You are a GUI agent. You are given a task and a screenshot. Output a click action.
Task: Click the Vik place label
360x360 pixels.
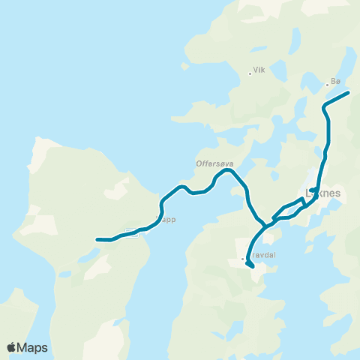click(260, 70)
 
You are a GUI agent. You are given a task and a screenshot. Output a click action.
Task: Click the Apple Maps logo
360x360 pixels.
click(27, 347)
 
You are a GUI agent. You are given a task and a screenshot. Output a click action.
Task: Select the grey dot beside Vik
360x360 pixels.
click(250, 73)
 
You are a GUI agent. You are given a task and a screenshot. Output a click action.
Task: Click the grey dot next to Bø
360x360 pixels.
click(327, 84)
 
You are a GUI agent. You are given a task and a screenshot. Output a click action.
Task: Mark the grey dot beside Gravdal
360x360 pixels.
click(243, 259)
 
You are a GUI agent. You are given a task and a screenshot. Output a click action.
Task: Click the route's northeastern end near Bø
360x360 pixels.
click(349, 93)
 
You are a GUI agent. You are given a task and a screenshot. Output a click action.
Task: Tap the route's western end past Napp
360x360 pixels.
click(97, 240)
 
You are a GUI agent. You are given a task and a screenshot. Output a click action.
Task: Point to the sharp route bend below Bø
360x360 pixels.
click(324, 109)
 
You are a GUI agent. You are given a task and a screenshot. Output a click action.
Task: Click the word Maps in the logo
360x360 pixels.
click(33, 347)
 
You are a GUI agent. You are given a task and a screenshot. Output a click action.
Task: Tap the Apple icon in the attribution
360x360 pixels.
click(11, 346)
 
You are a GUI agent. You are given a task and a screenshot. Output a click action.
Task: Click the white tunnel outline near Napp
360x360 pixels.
click(131, 232)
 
